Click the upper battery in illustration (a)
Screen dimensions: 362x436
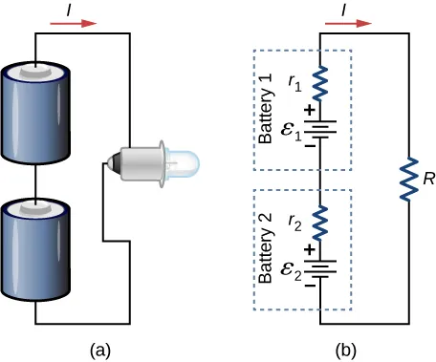click(37, 112)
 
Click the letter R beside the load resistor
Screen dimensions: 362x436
click(426, 176)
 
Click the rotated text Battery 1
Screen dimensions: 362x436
click(266, 110)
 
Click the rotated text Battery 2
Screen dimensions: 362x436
click(266, 247)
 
